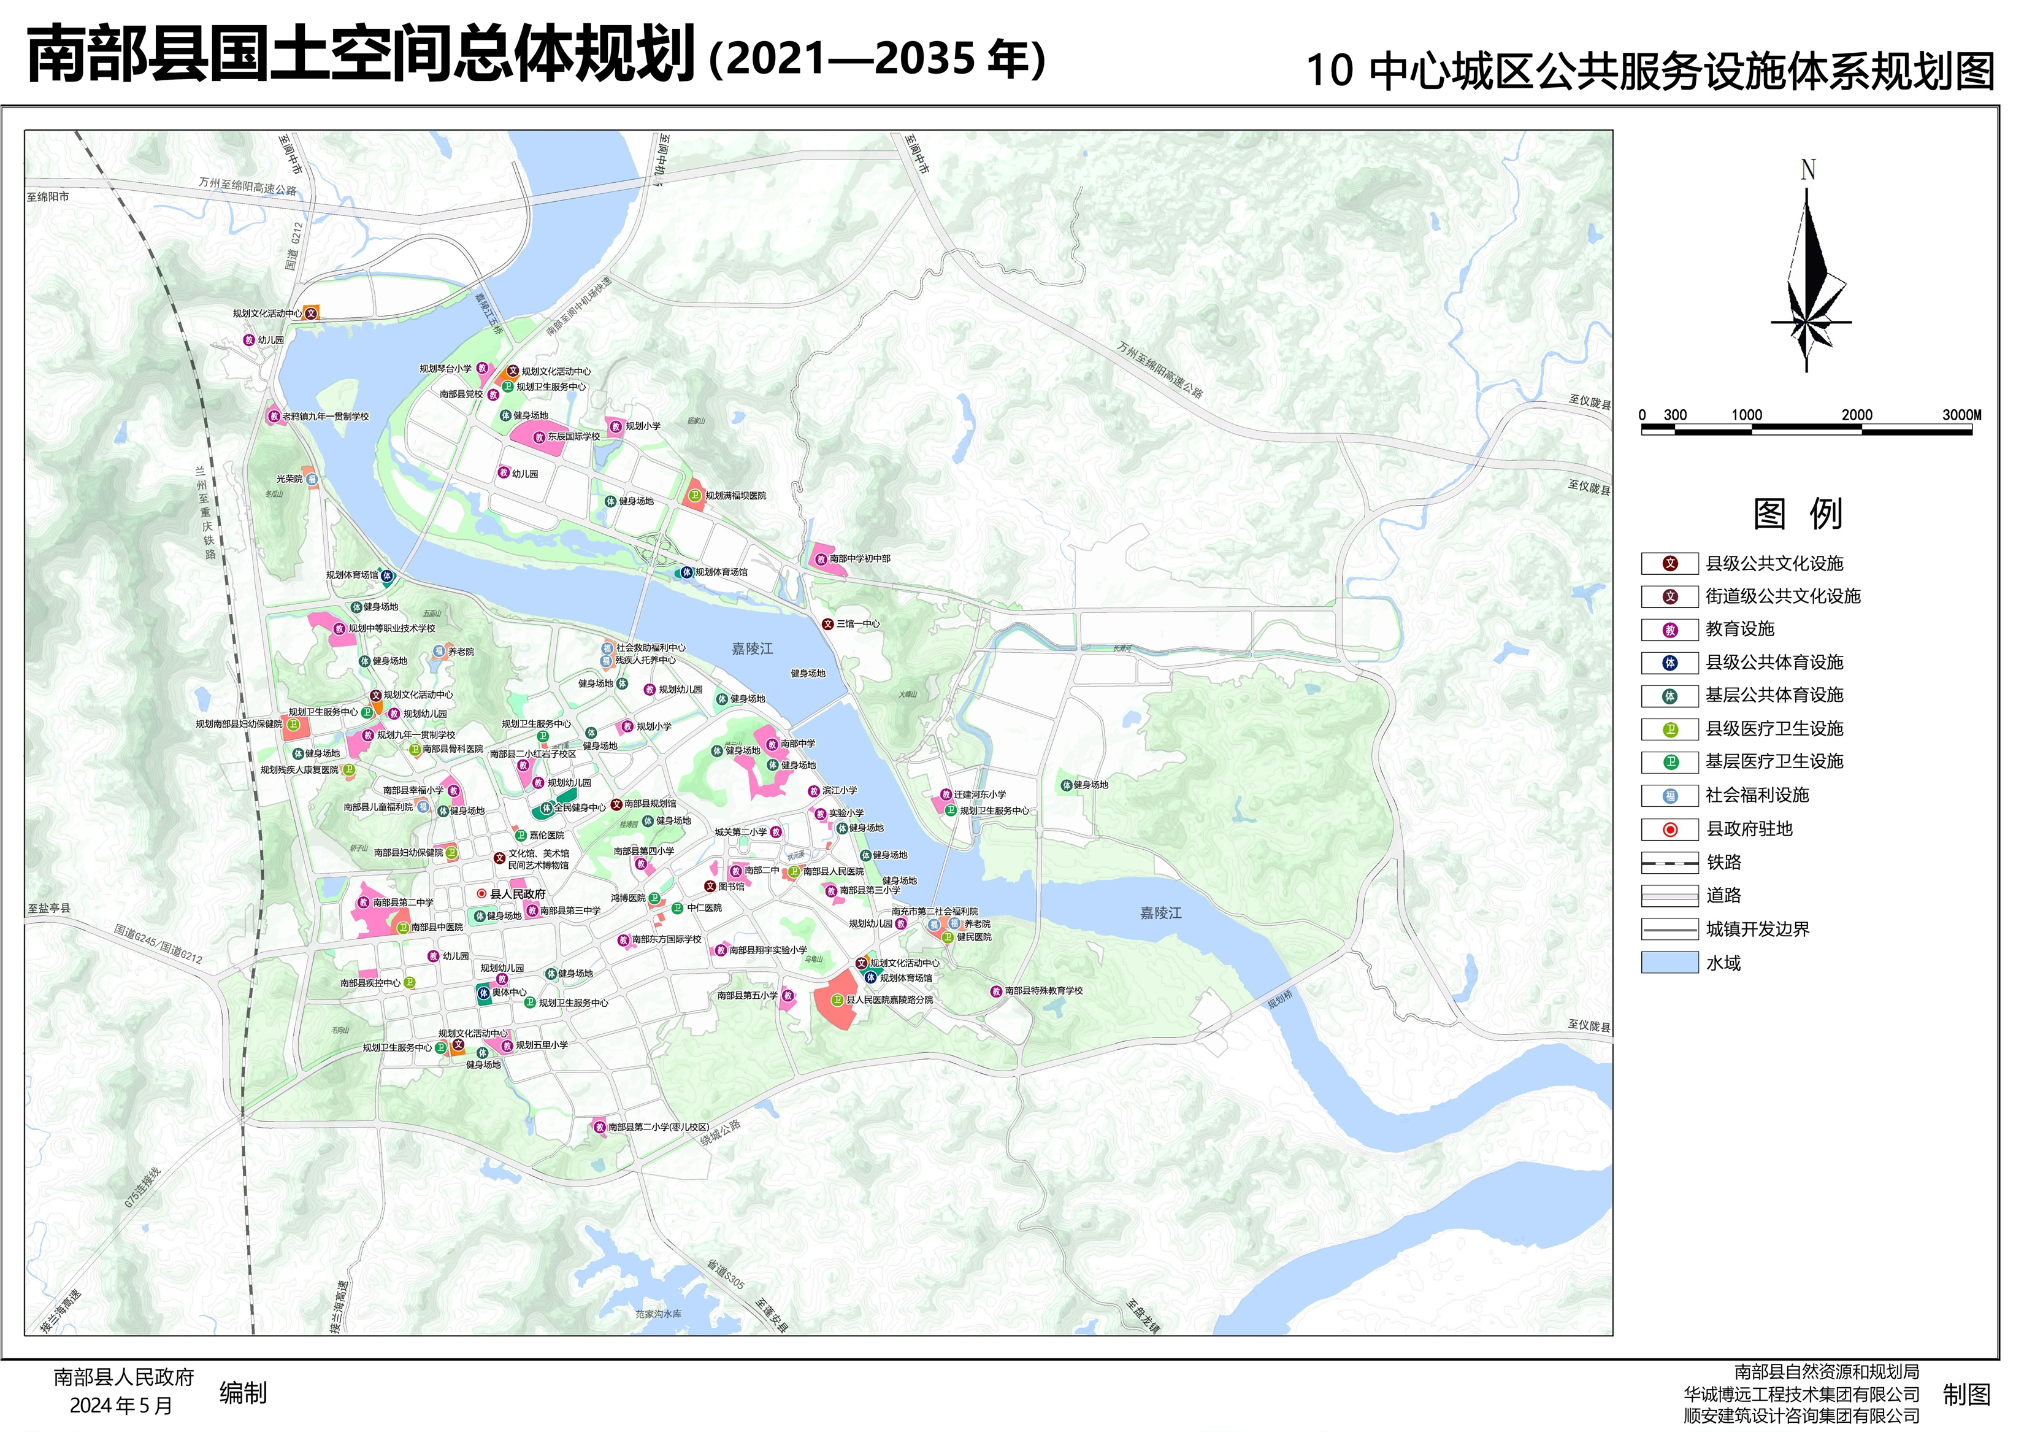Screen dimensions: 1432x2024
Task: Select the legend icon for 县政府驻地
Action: tap(1669, 830)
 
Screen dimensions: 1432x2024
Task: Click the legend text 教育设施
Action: tap(1739, 629)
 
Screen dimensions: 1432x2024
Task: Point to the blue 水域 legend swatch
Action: tap(1669, 963)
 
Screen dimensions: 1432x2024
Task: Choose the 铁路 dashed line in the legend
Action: tap(1669, 863)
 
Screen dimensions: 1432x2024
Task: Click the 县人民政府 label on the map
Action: tap(518, 894)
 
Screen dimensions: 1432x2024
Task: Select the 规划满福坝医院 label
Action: tap(735, 496)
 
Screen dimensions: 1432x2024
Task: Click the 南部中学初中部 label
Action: tap(859, 559)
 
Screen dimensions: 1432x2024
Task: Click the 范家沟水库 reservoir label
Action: tap(659, 1314)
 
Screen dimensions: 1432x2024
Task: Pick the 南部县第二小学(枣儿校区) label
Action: tap(657, 1127)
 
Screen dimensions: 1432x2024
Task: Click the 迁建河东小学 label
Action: tap(979, 795)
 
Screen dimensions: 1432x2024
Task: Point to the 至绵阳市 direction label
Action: tap(48, 196)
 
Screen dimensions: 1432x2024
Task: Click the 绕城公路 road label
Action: tap(720, 1133)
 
